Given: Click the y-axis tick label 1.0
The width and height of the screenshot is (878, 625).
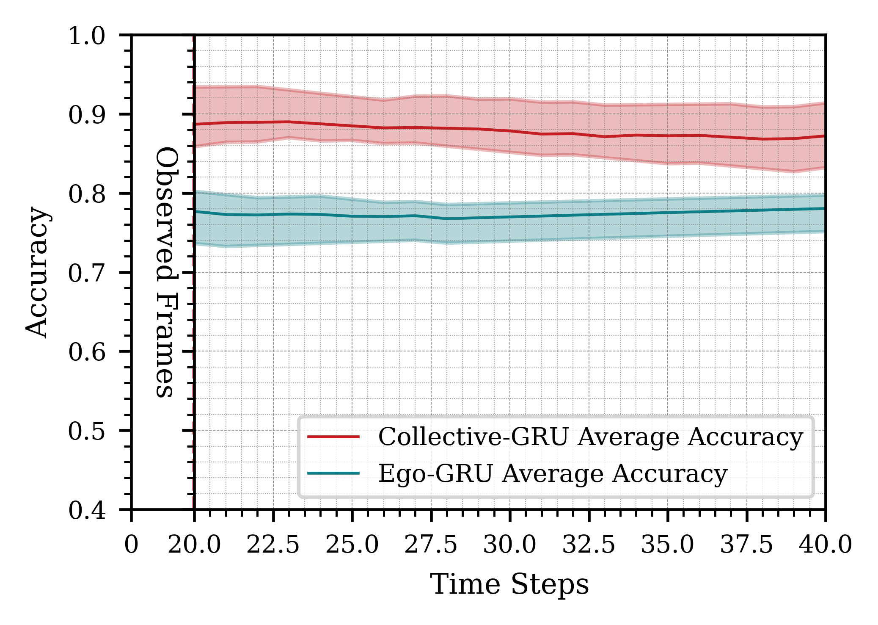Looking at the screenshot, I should (x=87, y=36).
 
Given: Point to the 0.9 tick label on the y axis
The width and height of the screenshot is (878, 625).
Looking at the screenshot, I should (x=87, y=115).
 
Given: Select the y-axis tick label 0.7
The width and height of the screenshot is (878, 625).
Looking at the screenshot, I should (x=87, y=273).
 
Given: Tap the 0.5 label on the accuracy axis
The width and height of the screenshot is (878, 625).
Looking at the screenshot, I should (x=87, y=431).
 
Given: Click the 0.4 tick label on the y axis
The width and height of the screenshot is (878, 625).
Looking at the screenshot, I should (x=87, y=510).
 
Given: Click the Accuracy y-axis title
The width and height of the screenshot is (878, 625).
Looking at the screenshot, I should (x=37, y=272).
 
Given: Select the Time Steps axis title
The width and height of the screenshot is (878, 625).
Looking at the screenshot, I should (x=509, y=585).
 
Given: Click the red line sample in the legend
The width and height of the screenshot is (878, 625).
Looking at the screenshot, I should (x=333, y=437).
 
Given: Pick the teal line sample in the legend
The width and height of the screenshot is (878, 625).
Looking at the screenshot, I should (x=333, y=473).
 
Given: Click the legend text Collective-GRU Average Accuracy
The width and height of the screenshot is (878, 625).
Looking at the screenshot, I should (x=590, y=437).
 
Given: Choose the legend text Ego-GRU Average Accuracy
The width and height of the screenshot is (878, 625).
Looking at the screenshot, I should (x=553, y=473).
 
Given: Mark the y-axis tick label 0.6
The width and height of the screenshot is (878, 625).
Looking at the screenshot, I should (x=87, y=352).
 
